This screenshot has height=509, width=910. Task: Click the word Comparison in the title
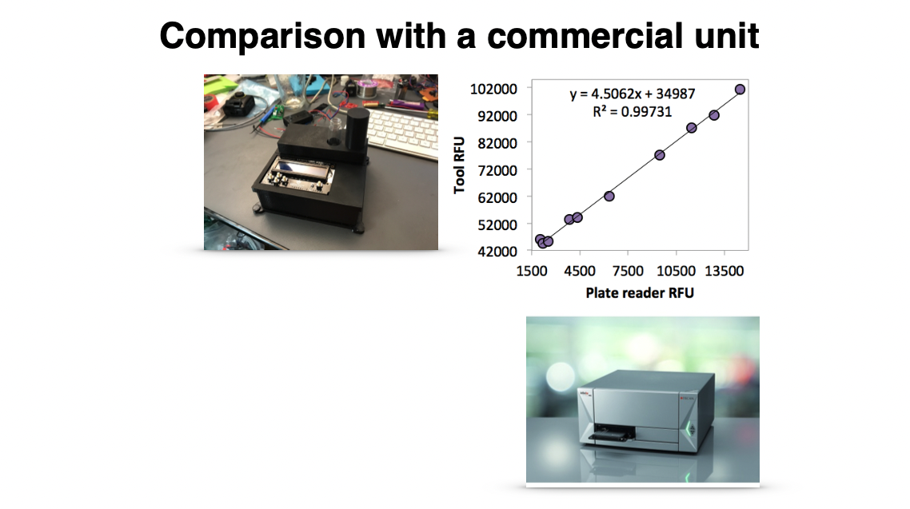(x=262, y=36)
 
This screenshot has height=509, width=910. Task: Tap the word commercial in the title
(x=585, y=35)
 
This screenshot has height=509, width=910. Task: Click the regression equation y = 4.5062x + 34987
(x=632, y=94)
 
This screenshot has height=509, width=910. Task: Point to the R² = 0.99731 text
(x=632, y=111)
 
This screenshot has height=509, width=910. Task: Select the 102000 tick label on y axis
(x=493, y=89)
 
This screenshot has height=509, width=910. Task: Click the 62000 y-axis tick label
(x=497, y=197)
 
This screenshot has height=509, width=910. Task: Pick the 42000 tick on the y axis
(x=497, y=252)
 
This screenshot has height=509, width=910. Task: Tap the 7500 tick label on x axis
(x=628, y=272)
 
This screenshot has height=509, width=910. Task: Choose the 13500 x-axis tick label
(x=724, y=272)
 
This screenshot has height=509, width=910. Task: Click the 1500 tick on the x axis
(x=532, y=272)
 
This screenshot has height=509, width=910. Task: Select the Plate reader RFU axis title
(x=640, y=292)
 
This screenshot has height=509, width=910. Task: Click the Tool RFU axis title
(x=460, y=165)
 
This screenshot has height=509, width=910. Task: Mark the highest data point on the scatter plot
(x=740, y=89)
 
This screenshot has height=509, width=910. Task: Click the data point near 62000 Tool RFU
(x=609, y=197)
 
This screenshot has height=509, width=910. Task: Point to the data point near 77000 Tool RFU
(x=659, y=155)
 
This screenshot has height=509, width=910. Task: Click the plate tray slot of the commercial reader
(x=611, y=432)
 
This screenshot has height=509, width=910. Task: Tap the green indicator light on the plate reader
(x=691, y=430)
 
